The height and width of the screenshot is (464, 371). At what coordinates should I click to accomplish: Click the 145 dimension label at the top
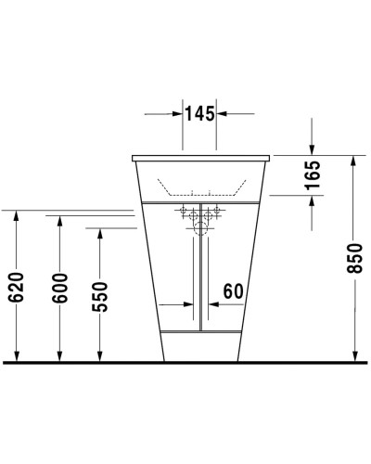click(199, 114)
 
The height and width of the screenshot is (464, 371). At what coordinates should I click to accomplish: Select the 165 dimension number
click(313, 177)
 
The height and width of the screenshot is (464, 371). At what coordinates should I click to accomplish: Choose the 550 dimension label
click(101, 296)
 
